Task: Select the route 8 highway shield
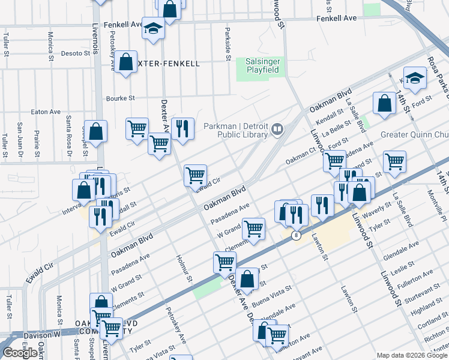tap(296, 235)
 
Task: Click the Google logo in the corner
tap(20, 353)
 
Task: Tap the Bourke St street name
tap(121, 98)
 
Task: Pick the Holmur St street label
tap(183, 268)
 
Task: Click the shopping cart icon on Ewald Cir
tap(195, 175)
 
